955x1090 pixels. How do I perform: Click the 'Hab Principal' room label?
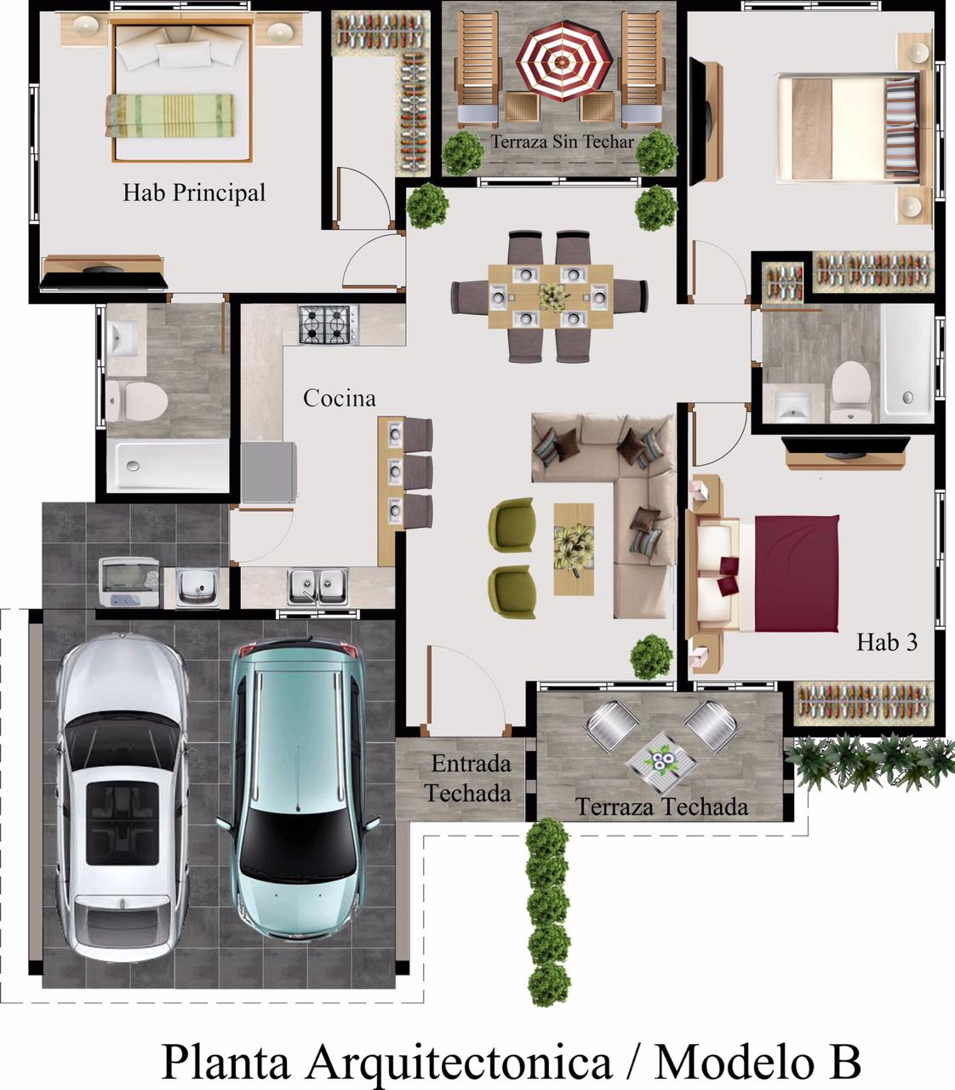[x=194, y=193]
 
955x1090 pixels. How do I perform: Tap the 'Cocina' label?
[x=340, y=399]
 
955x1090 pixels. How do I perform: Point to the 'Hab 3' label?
[x=887, y=642]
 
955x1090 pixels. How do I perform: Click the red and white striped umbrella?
[x=563, y=60]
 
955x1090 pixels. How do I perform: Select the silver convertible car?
[x=122, y=799]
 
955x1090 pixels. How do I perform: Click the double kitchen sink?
[x=317, y=587]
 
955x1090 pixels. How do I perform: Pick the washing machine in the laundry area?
[x=129, y=582]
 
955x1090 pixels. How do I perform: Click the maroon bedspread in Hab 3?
[x=797, y=573]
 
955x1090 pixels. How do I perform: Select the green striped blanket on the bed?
[x=170, y=116]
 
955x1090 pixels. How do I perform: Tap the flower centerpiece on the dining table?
[x=552, y=296]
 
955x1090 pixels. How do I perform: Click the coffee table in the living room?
[x=574, y=549]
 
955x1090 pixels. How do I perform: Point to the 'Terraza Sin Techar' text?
[x=563, y=141]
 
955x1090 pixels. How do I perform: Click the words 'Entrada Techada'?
[x=468, y=778]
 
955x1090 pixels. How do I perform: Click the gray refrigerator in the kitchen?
[x=268, y=473]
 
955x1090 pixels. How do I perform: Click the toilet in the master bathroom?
[x=136, y=401]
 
